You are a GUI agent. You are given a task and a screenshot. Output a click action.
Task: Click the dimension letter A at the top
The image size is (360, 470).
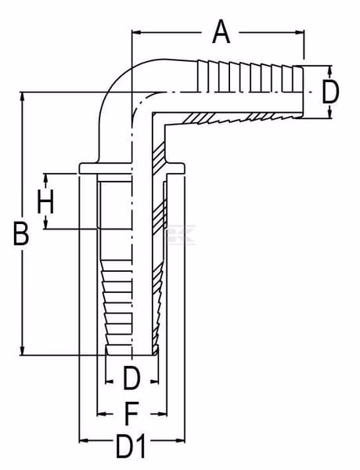(x=221, y=32)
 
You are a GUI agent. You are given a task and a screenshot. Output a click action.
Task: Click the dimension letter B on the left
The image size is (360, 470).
(x=21, y=233)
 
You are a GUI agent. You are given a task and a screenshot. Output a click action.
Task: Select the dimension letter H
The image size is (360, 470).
(x=45, y=201)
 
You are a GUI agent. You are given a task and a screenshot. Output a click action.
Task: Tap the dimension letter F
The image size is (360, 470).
(x=131, y=414)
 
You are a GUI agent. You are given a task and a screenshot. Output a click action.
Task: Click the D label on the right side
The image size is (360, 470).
(x=330, y=92)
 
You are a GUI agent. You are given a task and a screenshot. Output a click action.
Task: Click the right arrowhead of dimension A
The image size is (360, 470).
(x=300, y=32)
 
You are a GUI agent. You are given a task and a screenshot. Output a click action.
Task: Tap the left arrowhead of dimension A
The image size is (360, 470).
(x=137, y=32)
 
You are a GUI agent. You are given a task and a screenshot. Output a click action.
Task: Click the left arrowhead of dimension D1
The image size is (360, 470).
(x=84, y=440)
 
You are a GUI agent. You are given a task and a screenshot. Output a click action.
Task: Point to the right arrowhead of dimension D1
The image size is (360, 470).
(x=180, y=440)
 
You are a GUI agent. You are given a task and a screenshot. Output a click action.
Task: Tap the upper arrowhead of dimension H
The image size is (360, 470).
(x=45, y=179)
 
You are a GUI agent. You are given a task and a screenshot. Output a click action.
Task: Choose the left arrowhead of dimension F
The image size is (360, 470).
(x=102, y=414)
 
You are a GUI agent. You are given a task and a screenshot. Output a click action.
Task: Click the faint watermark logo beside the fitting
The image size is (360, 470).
(x=182, y=234)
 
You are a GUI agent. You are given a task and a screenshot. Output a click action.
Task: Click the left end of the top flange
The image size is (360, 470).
(x=80, y=168)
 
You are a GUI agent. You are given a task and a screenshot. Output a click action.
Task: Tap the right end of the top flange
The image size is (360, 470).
(x=183, y=168)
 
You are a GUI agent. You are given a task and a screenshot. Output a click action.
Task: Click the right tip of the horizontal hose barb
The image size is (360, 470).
(x=303, y=92)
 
